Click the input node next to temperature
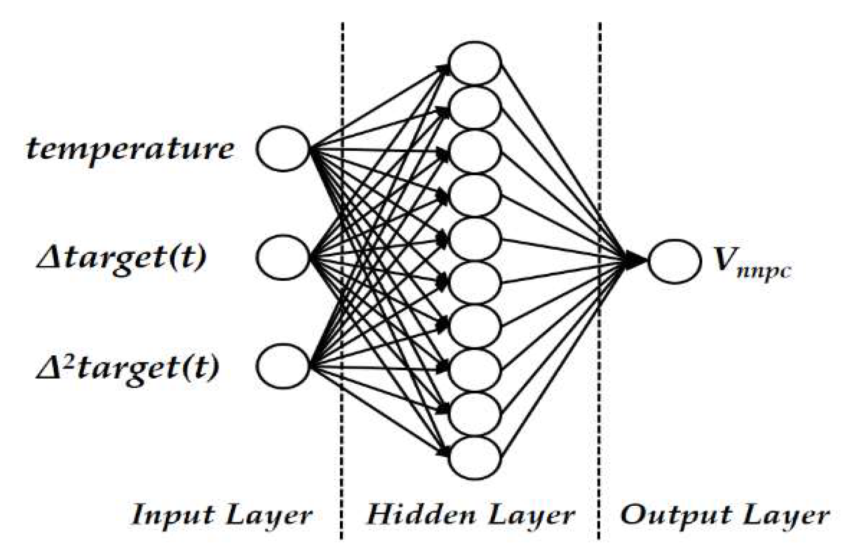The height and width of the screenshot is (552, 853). click(283, 149)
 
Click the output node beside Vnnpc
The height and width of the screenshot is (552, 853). click(674, 261)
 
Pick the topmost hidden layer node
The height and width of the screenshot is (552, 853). click(474, 63)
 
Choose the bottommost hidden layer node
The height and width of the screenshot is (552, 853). click(474, 457)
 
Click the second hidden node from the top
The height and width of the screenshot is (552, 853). click(474, 107)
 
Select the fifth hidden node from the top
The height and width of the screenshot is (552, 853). click(474, 239)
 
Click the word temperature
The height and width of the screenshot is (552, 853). click(130, 149)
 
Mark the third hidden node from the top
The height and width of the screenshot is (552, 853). click(474, 151)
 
